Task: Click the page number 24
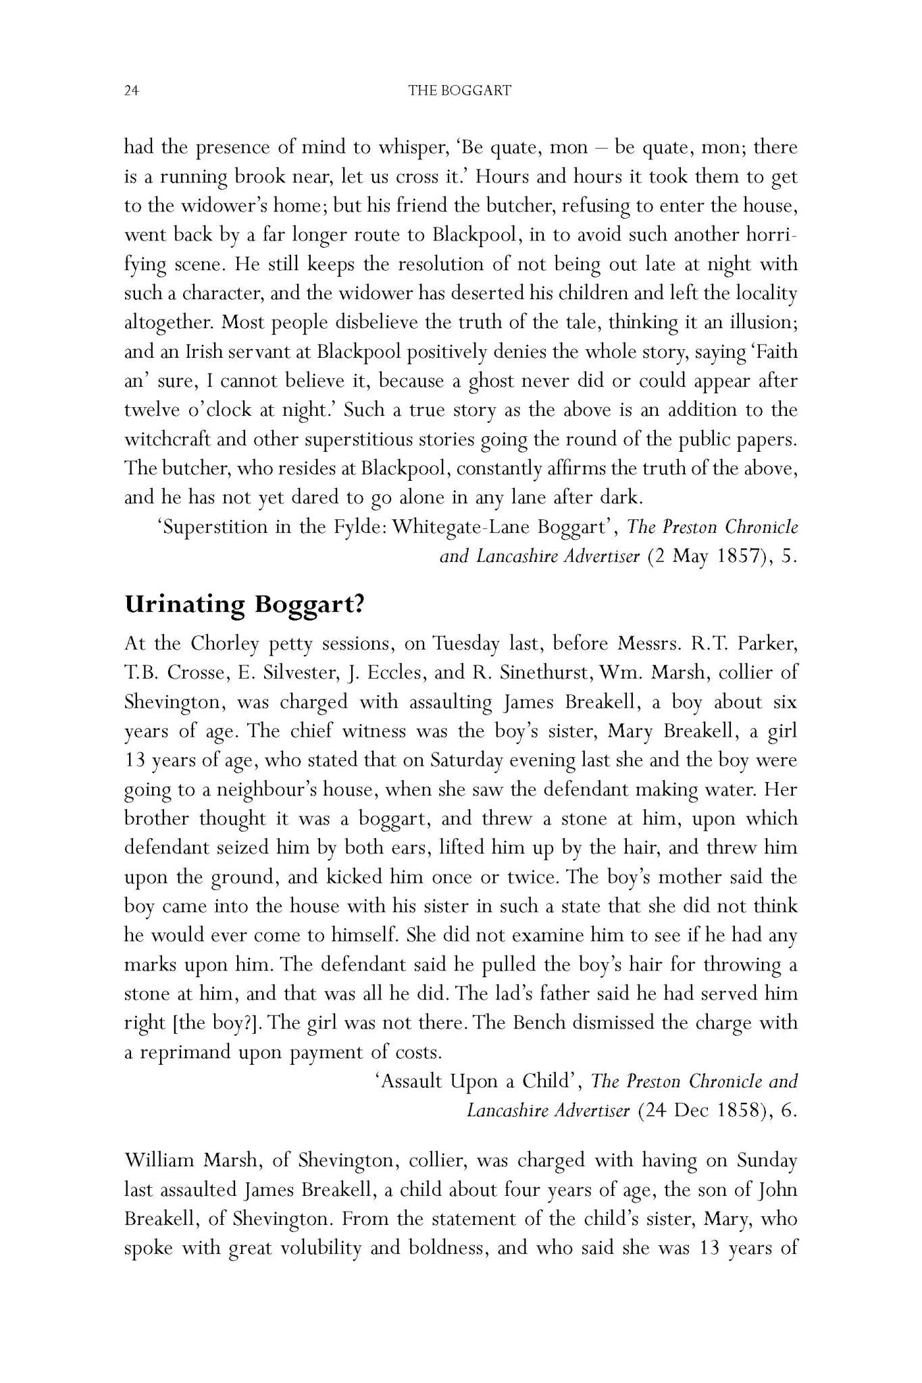click(131, 90)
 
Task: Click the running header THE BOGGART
click(460, 90)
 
